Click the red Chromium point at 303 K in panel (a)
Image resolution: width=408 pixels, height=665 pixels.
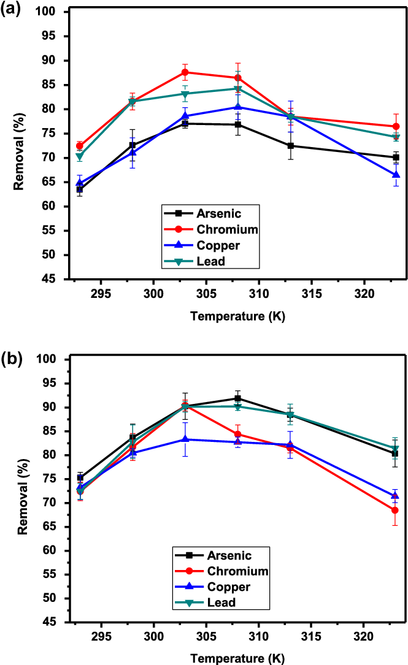click(x=185, y=72)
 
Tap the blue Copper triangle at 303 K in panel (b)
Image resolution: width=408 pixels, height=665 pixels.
click(x=185, y=439)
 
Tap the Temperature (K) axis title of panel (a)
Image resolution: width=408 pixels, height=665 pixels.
click(x=237, y=317)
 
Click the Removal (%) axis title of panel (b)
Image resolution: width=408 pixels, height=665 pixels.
click(x=23, y=490)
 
